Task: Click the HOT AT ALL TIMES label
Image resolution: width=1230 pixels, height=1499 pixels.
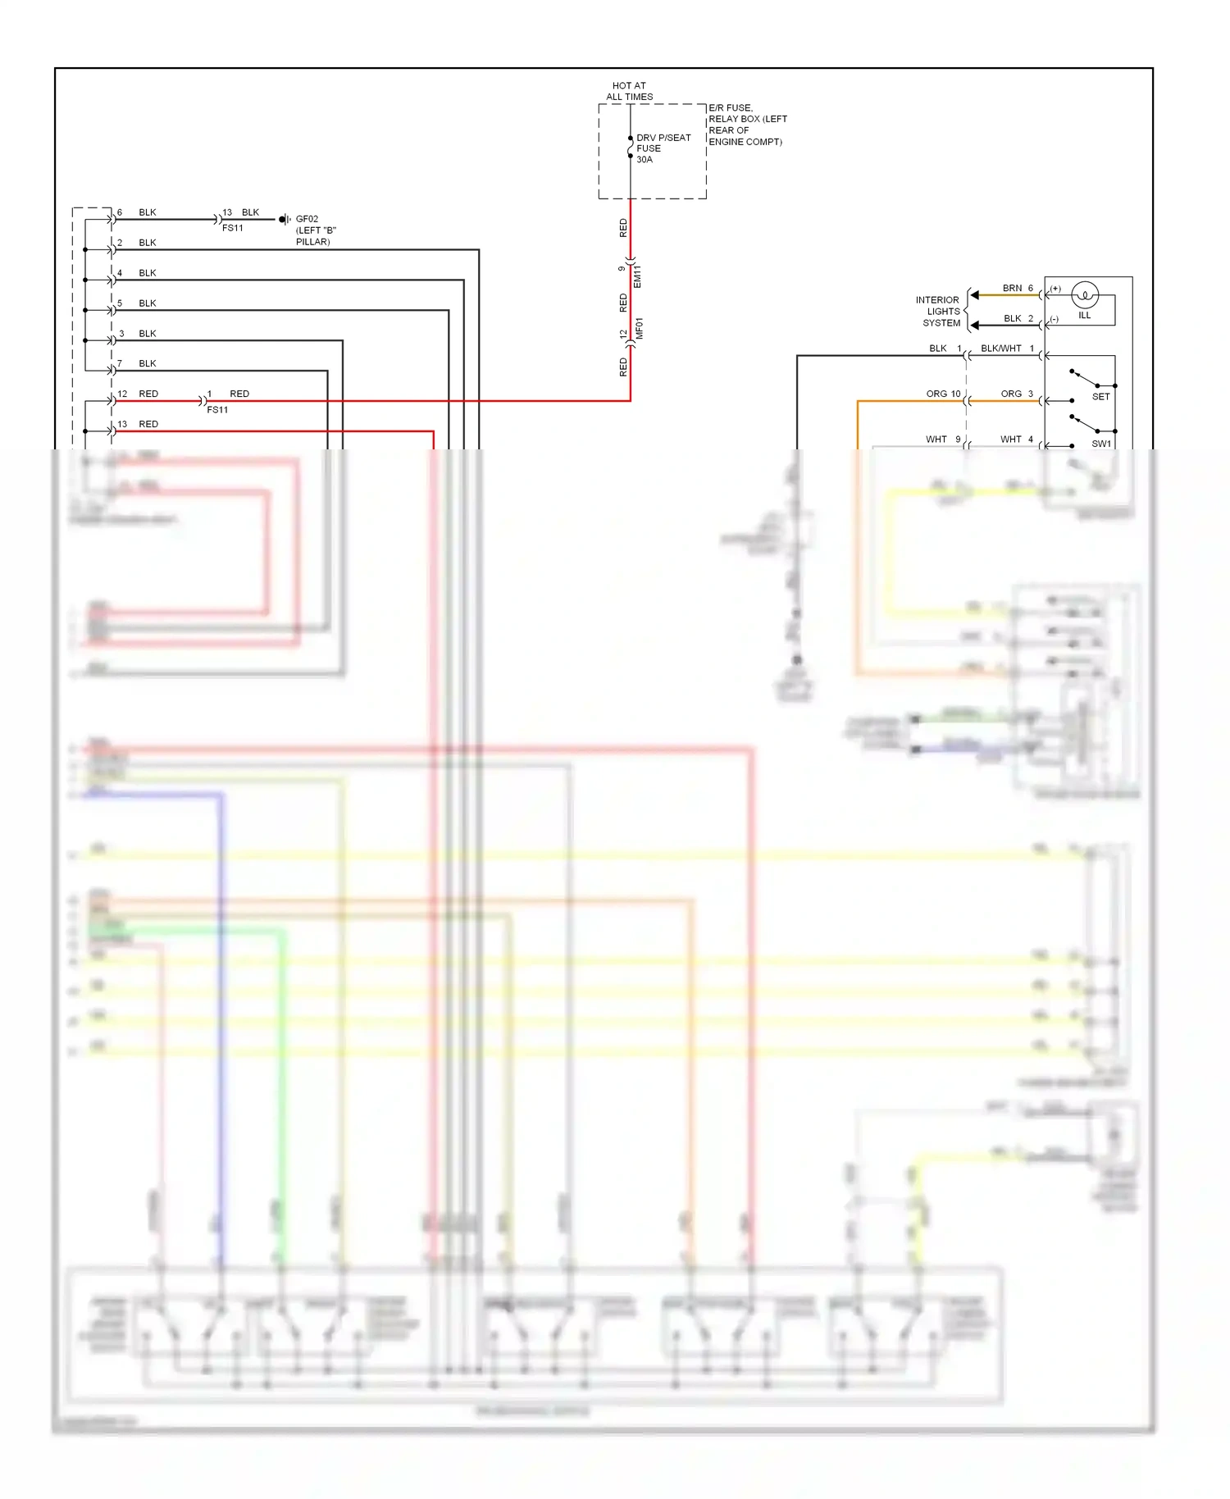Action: tap(629, 91)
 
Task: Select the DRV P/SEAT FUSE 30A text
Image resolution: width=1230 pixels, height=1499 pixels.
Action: tap(663, 148)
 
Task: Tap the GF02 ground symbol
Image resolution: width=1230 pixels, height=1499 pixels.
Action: tap(284, 220)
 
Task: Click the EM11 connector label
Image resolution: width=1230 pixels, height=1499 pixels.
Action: tap(638, 276)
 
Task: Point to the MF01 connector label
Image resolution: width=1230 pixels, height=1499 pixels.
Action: tap(640, 329)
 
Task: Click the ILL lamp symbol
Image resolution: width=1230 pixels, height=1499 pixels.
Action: tap(1084, 295)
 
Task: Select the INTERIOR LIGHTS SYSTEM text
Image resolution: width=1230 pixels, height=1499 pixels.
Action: tap(938, 312)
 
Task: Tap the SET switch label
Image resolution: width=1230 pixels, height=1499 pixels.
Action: tap(1100, 397)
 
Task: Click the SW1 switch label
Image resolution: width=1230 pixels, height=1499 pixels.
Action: tap(1100, 444)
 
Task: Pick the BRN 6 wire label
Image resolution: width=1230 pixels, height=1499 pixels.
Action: tap(1018, 289)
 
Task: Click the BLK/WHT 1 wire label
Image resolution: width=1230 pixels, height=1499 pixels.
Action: tap(1007, 349)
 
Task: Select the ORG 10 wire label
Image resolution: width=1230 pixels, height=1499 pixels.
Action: tap(943, 394)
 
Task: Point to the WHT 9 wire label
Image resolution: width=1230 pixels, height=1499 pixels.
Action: tap(943, 440)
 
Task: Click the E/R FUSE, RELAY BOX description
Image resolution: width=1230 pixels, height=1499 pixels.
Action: tap(746, 125)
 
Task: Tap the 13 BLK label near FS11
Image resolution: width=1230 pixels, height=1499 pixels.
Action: tap(241, 212)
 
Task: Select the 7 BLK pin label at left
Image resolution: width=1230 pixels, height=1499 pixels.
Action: tap(137, 364)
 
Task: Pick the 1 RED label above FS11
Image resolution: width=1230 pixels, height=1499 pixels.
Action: tap(229, 394)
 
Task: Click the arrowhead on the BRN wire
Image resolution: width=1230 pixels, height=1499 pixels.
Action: tap(974, 295)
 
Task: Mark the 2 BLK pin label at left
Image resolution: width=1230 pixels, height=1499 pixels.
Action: tap(137, 244)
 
